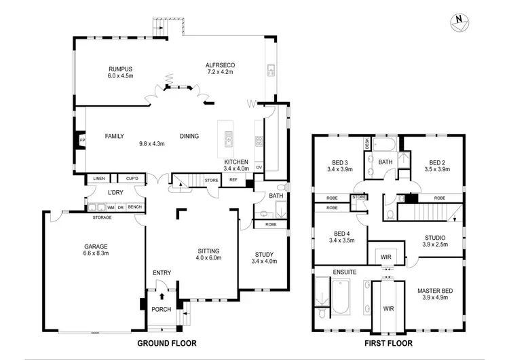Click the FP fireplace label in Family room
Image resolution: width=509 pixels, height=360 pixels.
point(83,141)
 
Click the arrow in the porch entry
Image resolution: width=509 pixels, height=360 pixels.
point(161,295)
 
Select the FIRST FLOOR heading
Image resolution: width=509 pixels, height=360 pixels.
point(383,343)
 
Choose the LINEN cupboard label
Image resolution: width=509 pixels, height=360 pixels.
point(100,179)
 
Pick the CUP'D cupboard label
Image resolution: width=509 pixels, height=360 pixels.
point(132,179)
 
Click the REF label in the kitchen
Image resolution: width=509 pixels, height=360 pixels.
point(233,180)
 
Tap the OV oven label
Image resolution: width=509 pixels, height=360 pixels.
point(259,168)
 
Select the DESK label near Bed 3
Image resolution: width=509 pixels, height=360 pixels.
point(366,144)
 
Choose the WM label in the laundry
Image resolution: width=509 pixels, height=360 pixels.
point(110,207)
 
